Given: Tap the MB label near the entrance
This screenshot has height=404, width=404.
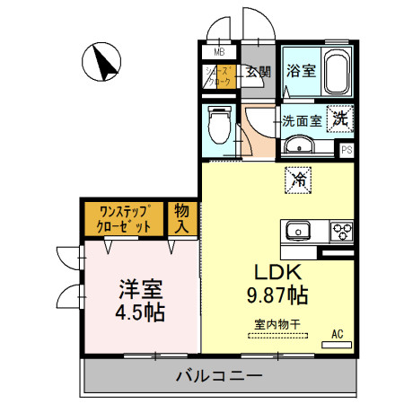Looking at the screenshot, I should pos(218,53).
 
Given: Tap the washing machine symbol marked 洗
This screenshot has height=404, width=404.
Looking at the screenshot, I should pos(341,117).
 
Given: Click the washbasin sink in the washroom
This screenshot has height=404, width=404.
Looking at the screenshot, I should pos(298,147).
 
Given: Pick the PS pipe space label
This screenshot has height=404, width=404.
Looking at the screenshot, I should pos(347,150).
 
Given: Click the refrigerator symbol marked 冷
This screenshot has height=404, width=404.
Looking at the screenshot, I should pos(298,180).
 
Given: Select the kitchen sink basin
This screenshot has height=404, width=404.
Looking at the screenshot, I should pos(298,232).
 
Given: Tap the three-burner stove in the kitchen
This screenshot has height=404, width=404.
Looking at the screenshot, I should pos(343,231).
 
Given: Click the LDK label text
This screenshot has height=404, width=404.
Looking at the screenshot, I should pos(268,273).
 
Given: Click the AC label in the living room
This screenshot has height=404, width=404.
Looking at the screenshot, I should pos(338,335).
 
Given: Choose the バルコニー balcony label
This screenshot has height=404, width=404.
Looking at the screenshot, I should pos(219,374).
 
